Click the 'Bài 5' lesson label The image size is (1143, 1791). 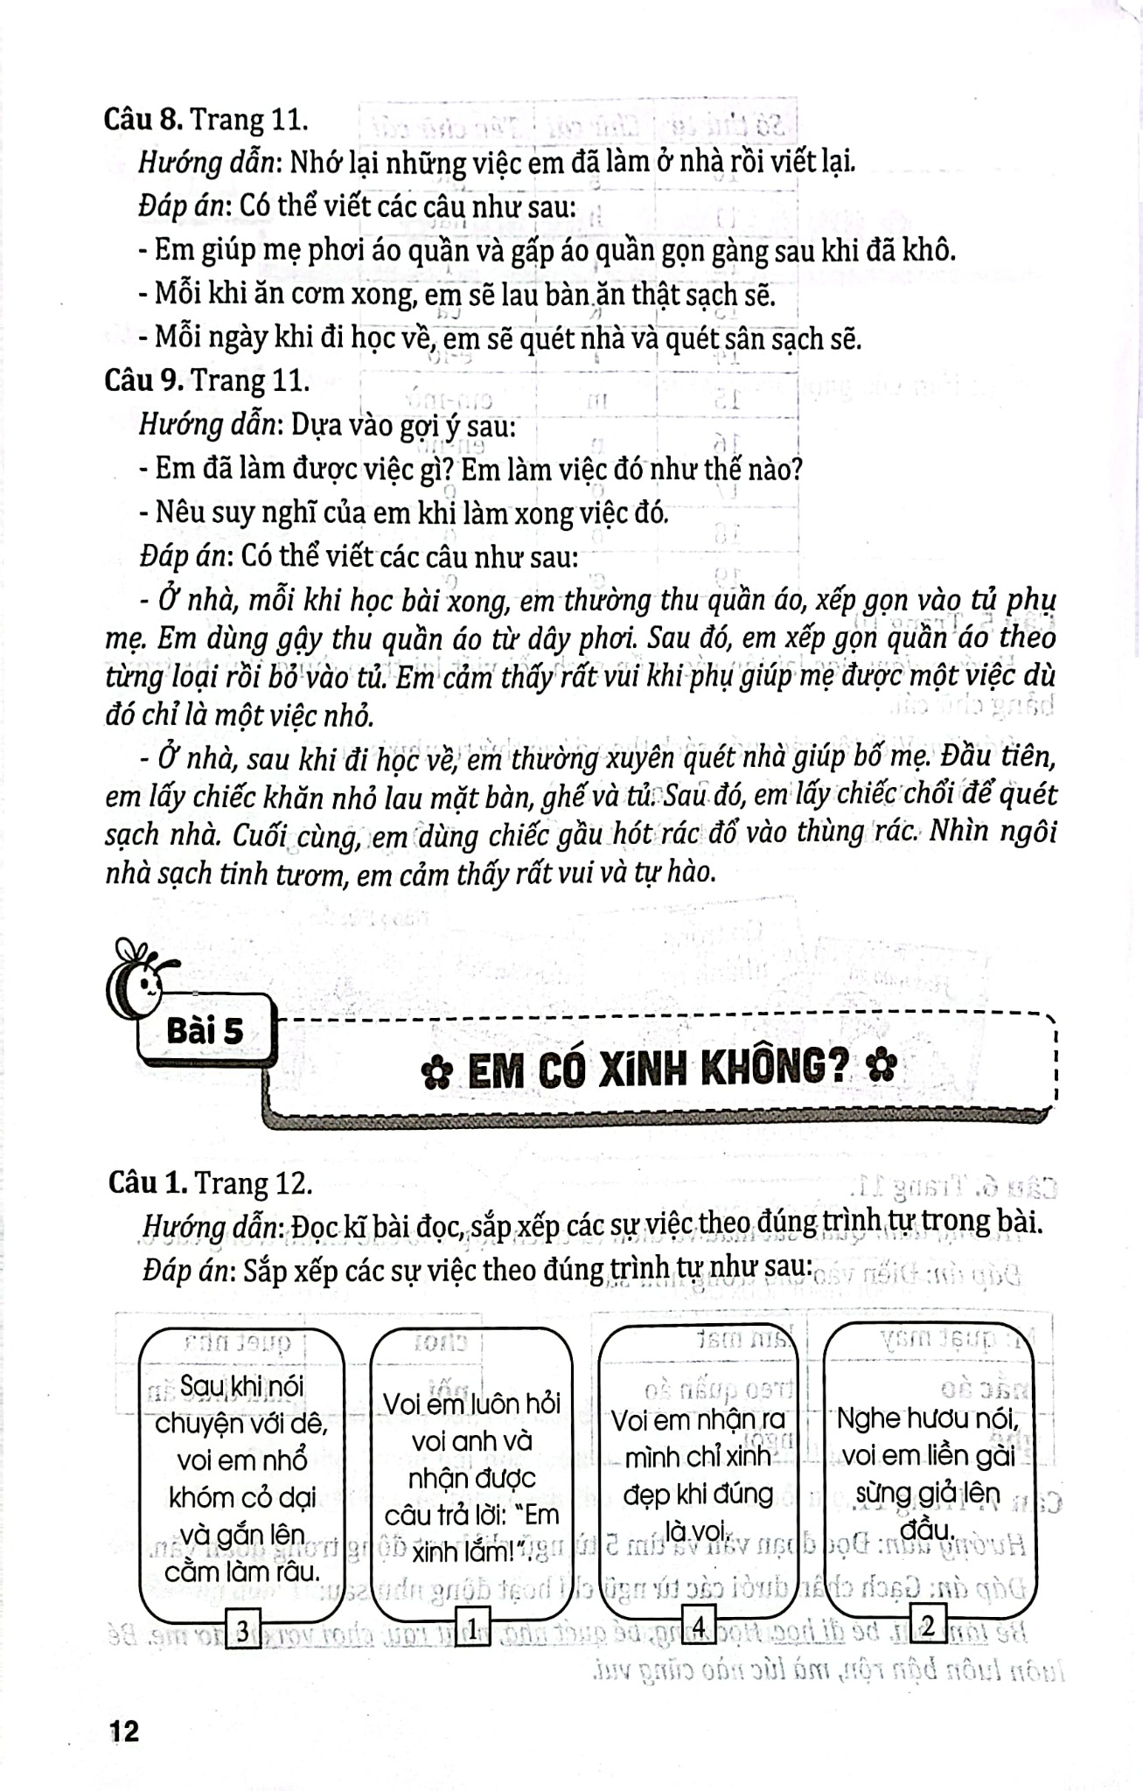[x=205, y=1031]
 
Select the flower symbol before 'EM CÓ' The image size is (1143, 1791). [x=436, y=1073]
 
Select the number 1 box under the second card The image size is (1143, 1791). [x=472, y=1627]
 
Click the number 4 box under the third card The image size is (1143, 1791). [x=699, y=1626]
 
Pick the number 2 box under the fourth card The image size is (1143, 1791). [x=928, y=1626]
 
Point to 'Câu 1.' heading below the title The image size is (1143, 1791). [x=147, y=1182]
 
